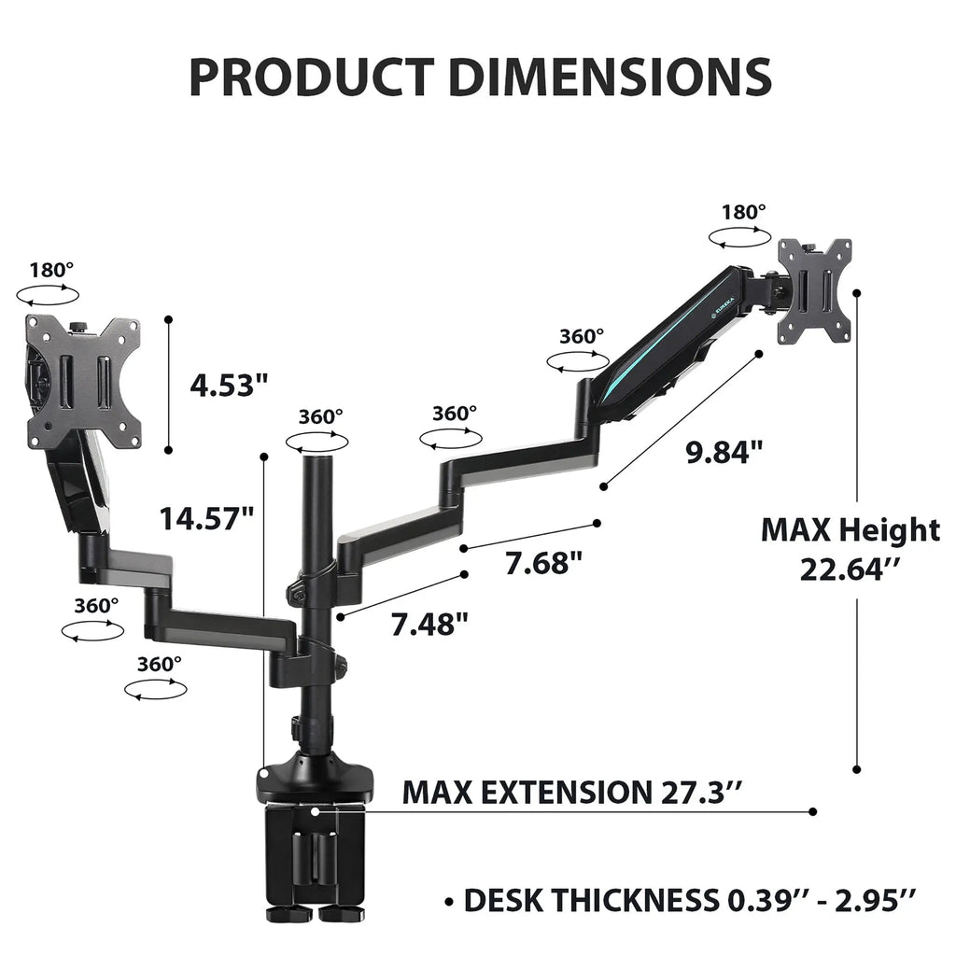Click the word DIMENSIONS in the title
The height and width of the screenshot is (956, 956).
pos(610,77)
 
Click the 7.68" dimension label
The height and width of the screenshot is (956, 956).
pos(544,563)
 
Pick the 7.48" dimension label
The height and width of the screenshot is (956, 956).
pos(429,623)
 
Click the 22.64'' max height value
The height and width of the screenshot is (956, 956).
pos(854,569)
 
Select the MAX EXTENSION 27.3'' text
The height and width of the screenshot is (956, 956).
pos(572,793)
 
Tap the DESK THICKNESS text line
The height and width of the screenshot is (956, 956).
pos(689,901)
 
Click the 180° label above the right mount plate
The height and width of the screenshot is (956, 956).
pos(743,212)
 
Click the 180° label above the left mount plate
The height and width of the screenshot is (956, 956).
pos(51,271)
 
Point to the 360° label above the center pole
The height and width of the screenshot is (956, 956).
pos(320,416)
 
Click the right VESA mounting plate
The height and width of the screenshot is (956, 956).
pos(815,290)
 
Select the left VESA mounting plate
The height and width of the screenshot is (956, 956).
pos(84,381)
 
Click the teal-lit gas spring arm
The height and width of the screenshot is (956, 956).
pos(672,355)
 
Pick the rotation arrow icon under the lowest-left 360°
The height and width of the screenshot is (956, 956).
pos(155,691)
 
